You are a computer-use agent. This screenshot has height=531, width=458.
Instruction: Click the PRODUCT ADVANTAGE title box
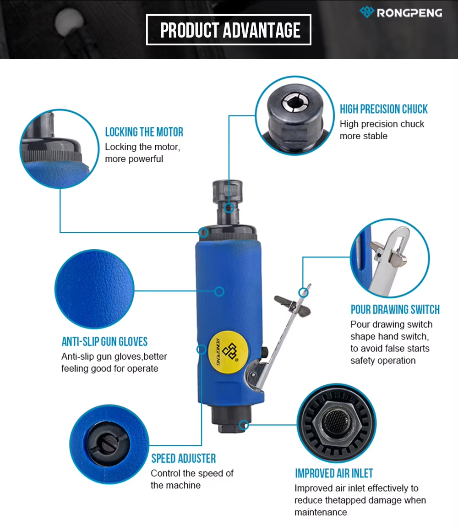(x=229, y=30)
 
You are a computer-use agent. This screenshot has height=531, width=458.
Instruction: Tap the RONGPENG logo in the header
(x=401, y=12)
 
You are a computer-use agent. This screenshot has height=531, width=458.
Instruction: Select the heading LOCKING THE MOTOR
(x=144, y=132)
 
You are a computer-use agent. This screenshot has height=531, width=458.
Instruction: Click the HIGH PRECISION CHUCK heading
(x=383, y=109)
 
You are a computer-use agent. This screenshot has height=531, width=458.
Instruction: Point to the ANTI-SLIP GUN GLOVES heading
(x=104, y=341)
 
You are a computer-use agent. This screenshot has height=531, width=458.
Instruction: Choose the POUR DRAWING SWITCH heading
(x=395, y=309)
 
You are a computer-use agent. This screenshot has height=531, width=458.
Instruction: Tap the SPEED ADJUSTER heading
(x=183, y=458)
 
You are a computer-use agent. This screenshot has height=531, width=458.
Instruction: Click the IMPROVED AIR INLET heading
(x=334, y=473)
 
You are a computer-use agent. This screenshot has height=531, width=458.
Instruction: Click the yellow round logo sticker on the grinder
(x=229, y=352)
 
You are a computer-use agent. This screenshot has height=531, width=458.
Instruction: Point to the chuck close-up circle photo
(x=294, y=115)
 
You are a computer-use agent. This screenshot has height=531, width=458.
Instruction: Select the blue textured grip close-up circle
(x=94, y=289)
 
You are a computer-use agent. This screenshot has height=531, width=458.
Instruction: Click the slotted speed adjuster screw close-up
(x=109, y=444)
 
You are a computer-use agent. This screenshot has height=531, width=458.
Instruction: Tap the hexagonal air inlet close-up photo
(x=337, y=423)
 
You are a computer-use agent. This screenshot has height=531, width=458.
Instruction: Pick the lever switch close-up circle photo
(x=390, y=258)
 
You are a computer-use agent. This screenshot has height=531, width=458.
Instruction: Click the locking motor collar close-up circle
(x=60, y=148)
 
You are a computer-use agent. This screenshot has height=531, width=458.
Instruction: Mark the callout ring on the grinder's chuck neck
(x=229, y=208)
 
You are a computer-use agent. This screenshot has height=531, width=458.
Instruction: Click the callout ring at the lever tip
(x=303, y=292)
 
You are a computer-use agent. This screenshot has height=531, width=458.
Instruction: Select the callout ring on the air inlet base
(x=244, y=425)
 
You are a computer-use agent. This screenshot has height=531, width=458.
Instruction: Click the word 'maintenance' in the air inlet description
(x=321, y=512)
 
